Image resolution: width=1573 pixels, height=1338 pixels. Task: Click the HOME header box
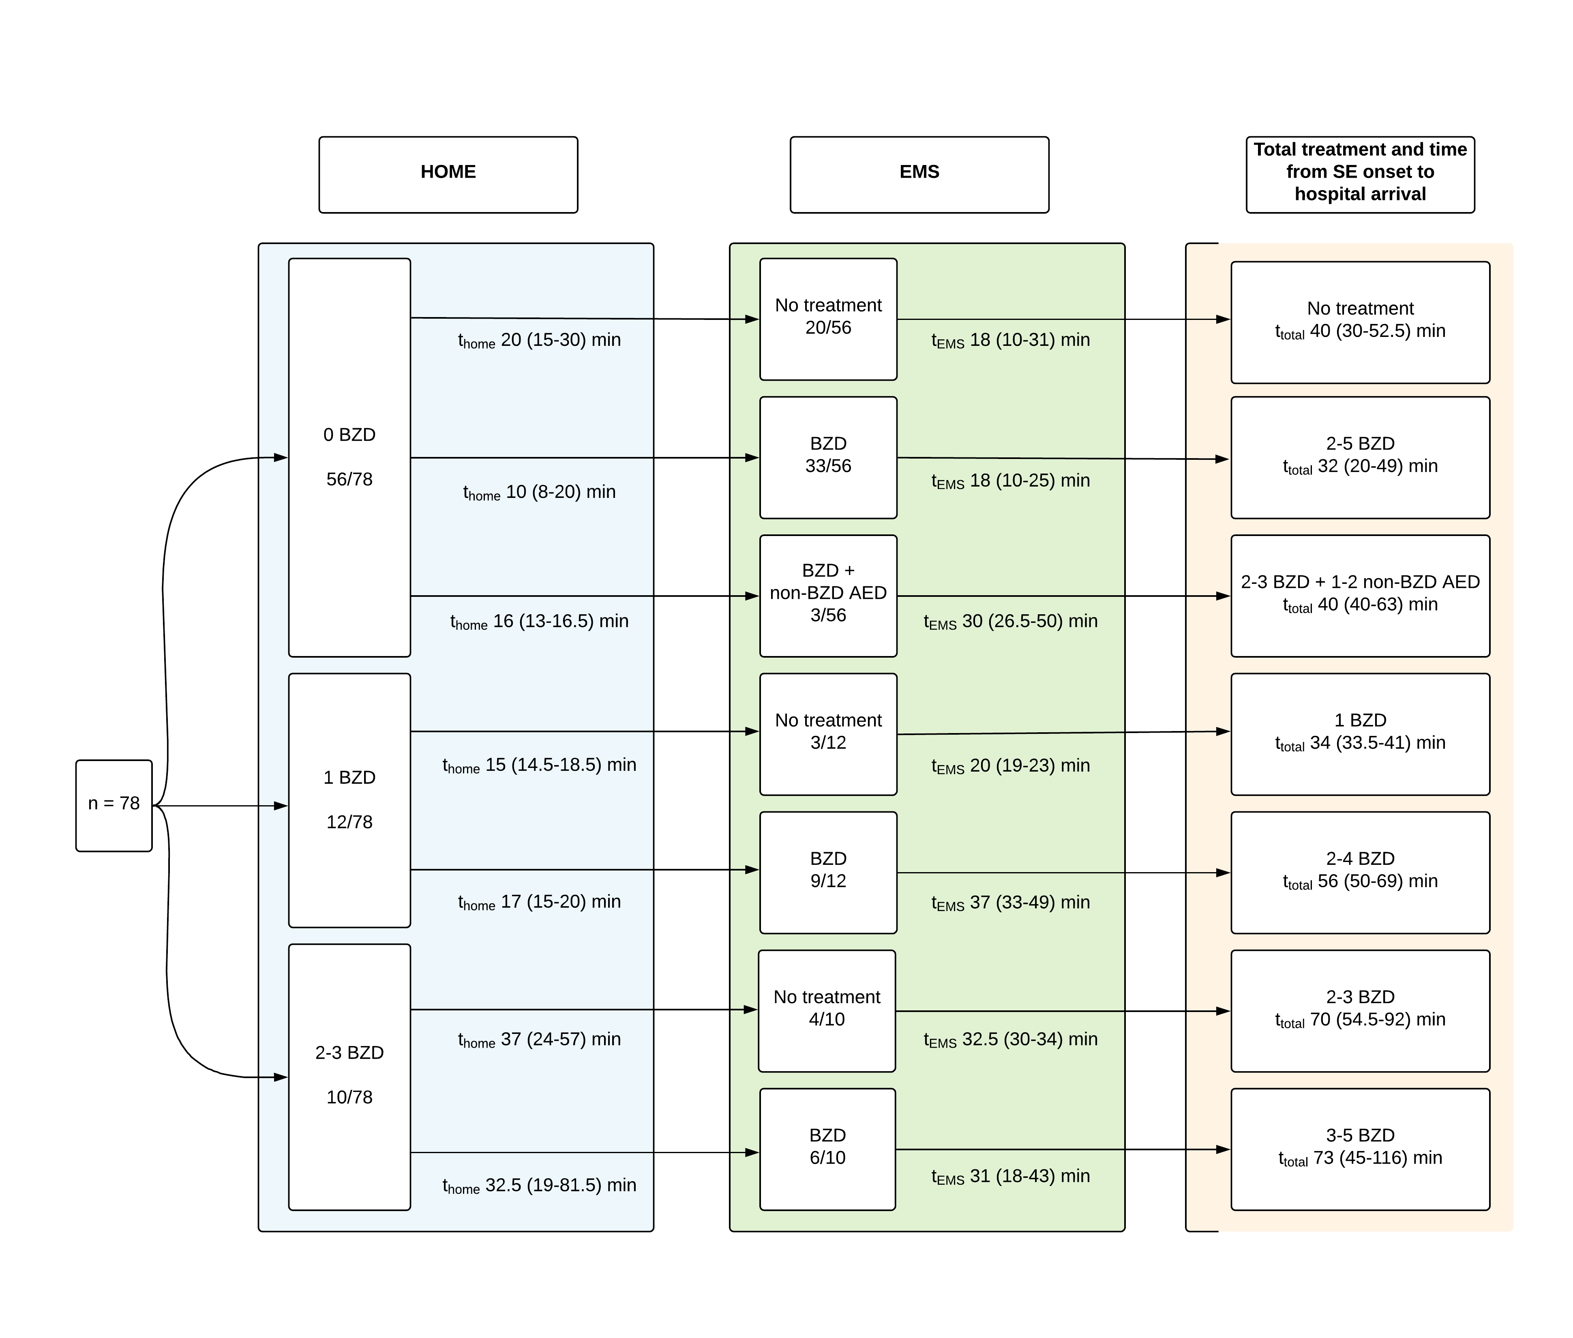pos(448,174)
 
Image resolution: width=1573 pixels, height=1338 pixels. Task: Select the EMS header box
pos(919,174)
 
